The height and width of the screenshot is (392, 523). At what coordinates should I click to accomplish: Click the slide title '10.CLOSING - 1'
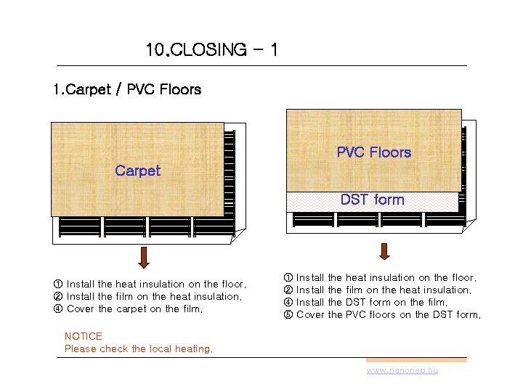pyautogui.click(x=211, y=50)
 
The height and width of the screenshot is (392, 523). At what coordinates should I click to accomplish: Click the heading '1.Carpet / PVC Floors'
pyautogui.click(x=127, y=90)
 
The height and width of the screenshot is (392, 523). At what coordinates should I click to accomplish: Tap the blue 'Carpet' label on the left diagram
pyautogui.click(x=137, y=171)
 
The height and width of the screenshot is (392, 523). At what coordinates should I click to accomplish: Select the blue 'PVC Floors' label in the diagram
pyautogui.click(x=373, y=152)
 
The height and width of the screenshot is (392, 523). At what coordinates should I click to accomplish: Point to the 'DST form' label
pyautogui.click(x=372, y=200)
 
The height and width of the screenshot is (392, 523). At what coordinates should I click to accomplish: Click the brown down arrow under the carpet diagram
pyautogui.click(x=144, y=257)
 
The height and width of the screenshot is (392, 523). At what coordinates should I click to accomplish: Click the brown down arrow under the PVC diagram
pyautogui.click(x=384, y=251)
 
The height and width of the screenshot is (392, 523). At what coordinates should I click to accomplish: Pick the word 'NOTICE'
pyautogui.click(x=84, y=336)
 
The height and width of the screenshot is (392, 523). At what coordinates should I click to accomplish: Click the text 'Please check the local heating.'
pyautogui.click(x=139, y=348)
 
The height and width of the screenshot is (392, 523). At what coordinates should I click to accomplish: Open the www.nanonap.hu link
pyautogui.click(x=402, y=370)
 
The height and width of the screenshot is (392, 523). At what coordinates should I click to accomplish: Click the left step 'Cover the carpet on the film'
pyautogui.click(x=134, y=309)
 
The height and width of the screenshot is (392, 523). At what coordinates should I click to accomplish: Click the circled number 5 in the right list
pyautogui.click(x=288, y=314)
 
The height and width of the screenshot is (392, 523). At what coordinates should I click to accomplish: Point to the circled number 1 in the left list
pyautogui.click(x=58, y=284)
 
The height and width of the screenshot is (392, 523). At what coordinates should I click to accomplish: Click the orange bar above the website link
pyautogui.click(x=415, y=359)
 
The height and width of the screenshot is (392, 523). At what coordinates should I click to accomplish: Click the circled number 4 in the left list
pyautogui.click(x=58, y=309)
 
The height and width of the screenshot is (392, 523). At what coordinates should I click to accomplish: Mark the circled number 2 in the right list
pyautogui.click(x=288, y=290)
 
